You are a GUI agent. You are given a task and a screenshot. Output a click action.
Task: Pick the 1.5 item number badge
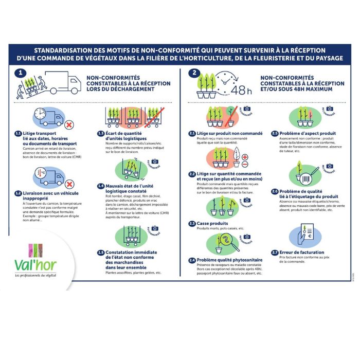pyautogui.click(x=101, y=253)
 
